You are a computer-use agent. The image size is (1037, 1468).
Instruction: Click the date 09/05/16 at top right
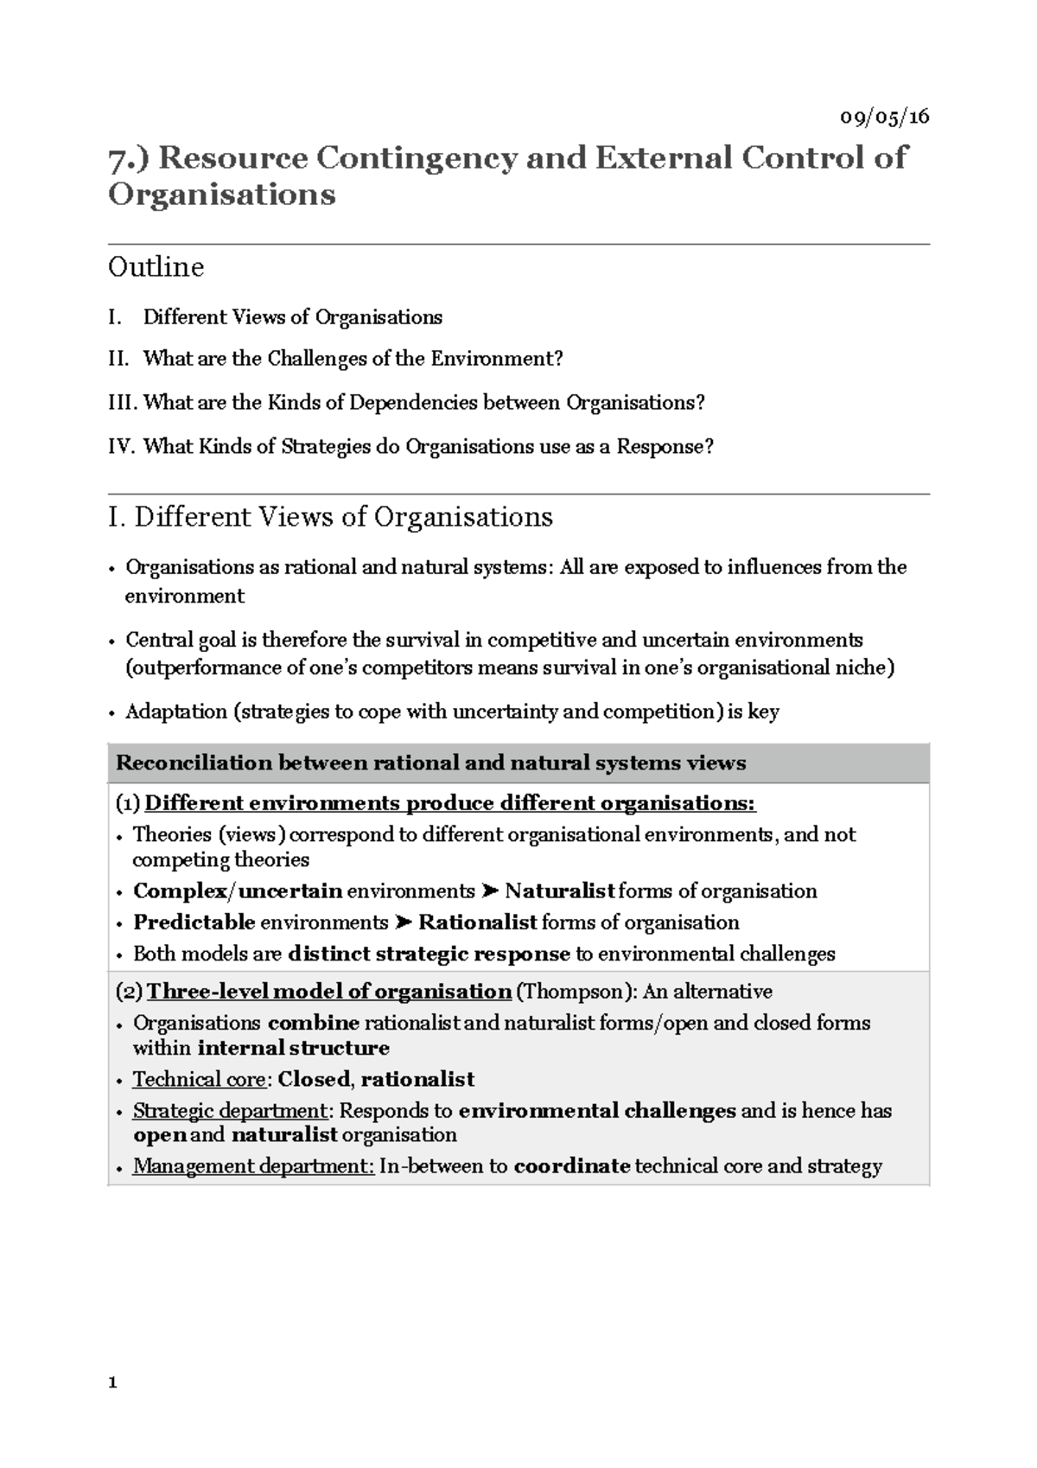pos(885,117)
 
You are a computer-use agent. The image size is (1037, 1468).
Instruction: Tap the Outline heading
pos(156,267)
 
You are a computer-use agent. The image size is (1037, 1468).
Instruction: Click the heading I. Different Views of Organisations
pos(330,517)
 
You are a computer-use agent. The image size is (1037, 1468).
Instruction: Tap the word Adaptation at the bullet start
pos(176,712)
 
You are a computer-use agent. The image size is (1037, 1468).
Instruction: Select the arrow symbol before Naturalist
pos(489,891)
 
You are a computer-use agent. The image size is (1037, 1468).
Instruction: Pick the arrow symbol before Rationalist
pos(403,922)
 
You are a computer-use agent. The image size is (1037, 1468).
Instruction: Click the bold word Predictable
pos(194,922)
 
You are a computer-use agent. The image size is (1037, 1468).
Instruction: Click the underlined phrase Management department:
pos(253,1166)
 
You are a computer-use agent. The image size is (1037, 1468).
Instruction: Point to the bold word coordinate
pos(571,1166)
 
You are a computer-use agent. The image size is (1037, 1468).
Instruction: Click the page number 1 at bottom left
pos(112,1383)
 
